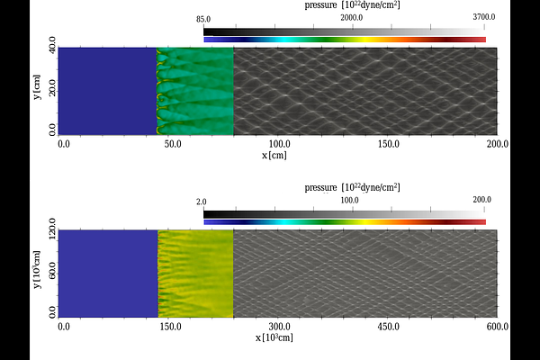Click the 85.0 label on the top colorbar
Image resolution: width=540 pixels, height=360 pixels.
(x=203, y=20)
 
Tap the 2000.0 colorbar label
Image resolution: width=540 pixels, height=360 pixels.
(x=352, y=18)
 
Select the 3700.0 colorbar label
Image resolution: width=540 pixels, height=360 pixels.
(x=484, y=17)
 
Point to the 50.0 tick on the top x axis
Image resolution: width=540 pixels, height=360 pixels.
(x=173, y=144)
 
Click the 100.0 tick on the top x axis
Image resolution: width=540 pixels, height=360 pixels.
(x=279, y=144)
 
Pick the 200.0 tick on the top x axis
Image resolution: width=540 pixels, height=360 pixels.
(x=498, y=144)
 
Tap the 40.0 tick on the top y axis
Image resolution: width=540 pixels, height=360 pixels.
(x=52, y=43)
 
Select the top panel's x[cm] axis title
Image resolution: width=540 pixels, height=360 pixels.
(x=274, y=156)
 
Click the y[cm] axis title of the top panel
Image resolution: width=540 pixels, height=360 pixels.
(x=37, y=87)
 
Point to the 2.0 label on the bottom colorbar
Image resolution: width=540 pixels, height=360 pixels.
(x=202, y=202)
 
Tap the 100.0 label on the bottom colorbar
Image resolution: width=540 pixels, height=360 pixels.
(x=349, y=200)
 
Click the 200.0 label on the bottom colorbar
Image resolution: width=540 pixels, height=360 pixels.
(x=482, y=200)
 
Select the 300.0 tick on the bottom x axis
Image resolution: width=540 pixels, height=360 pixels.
(x=279, y=327)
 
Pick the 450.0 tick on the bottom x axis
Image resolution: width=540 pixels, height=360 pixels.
(x=389, y=327)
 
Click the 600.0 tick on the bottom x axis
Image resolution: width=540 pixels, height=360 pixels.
(x=498, y=327)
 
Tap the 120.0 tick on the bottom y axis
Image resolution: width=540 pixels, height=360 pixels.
(x=52, y=227)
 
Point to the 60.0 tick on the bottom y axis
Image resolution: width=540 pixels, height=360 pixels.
(x=52, y=271)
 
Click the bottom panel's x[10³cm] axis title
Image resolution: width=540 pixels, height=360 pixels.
(x=274, y=337)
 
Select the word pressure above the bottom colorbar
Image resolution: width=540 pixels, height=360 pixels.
(x=320, y=187)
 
